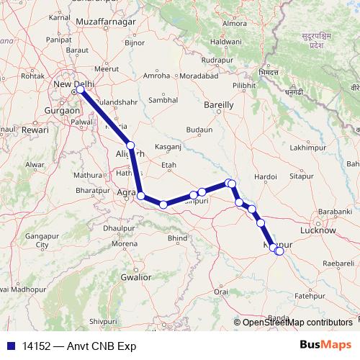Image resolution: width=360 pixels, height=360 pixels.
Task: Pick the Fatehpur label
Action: (310, 295)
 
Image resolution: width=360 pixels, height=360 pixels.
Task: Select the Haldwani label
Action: (225, 42)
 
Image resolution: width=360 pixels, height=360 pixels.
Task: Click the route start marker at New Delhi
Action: (75, 91)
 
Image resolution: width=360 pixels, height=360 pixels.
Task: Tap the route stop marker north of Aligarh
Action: (130, 145)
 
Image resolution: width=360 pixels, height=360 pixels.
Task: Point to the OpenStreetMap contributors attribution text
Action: (297, 322)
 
